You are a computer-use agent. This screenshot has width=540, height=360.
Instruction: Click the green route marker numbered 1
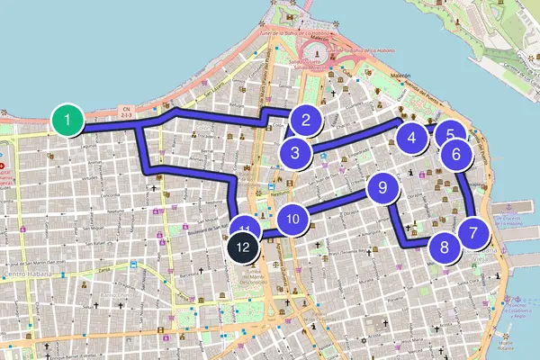67,120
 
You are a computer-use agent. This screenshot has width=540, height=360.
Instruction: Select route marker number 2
306,120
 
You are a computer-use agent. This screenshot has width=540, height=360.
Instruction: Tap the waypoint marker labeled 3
295,153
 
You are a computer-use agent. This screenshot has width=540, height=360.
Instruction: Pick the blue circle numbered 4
411,139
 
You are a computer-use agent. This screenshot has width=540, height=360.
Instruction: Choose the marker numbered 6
456,154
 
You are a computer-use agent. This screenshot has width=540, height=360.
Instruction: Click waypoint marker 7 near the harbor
473,232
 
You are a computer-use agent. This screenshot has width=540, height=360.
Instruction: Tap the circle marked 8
443,247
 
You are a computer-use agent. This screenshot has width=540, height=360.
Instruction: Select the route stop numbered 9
382,188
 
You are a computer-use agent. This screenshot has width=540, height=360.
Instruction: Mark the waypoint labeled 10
292,219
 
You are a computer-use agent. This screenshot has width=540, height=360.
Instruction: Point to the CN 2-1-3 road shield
126,112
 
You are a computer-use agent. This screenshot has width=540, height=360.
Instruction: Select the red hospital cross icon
3,166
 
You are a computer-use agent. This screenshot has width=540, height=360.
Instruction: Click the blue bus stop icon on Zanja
134,265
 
